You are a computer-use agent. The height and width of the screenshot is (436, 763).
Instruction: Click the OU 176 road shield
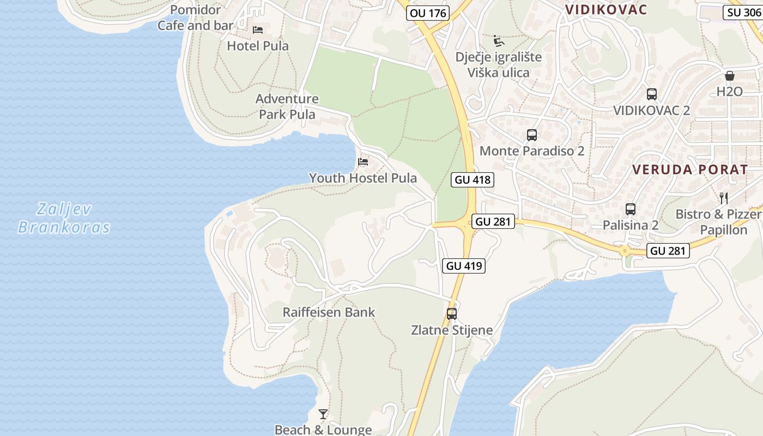(428, 13)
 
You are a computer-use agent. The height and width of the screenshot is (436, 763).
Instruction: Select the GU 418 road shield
(473, 180)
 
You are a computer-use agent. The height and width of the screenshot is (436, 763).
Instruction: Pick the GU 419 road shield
(464, 266)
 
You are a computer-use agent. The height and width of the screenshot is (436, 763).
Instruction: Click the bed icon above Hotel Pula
(258, 29)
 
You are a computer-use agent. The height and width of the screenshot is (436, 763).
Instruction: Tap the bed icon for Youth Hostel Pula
(363, 162)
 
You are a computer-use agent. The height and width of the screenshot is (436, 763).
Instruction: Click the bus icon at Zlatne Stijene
(451, 313)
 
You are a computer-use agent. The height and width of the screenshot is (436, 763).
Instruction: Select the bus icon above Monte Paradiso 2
(532, 135)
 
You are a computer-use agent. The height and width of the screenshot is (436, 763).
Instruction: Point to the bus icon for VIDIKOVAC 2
(651, 94)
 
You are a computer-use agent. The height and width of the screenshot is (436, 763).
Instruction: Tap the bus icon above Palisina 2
(631, 209)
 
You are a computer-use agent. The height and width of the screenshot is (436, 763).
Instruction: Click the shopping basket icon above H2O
(730, 76)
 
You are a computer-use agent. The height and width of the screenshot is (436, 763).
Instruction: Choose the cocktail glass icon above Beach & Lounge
(323, 414)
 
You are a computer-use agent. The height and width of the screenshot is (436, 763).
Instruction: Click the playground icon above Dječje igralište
(498, 41)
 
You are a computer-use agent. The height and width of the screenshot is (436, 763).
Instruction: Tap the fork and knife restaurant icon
(724, 198)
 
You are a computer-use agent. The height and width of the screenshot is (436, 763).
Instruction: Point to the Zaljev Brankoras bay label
(64, 218)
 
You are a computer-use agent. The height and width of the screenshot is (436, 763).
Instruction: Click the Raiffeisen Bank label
(329, 312)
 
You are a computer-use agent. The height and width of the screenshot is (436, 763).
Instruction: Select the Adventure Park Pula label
(287, 106)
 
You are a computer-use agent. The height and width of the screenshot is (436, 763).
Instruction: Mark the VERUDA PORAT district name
(690, 169)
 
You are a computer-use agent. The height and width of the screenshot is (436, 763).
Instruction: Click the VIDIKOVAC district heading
(605, 10)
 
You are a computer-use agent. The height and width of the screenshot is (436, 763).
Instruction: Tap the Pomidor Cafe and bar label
(195, 17)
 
